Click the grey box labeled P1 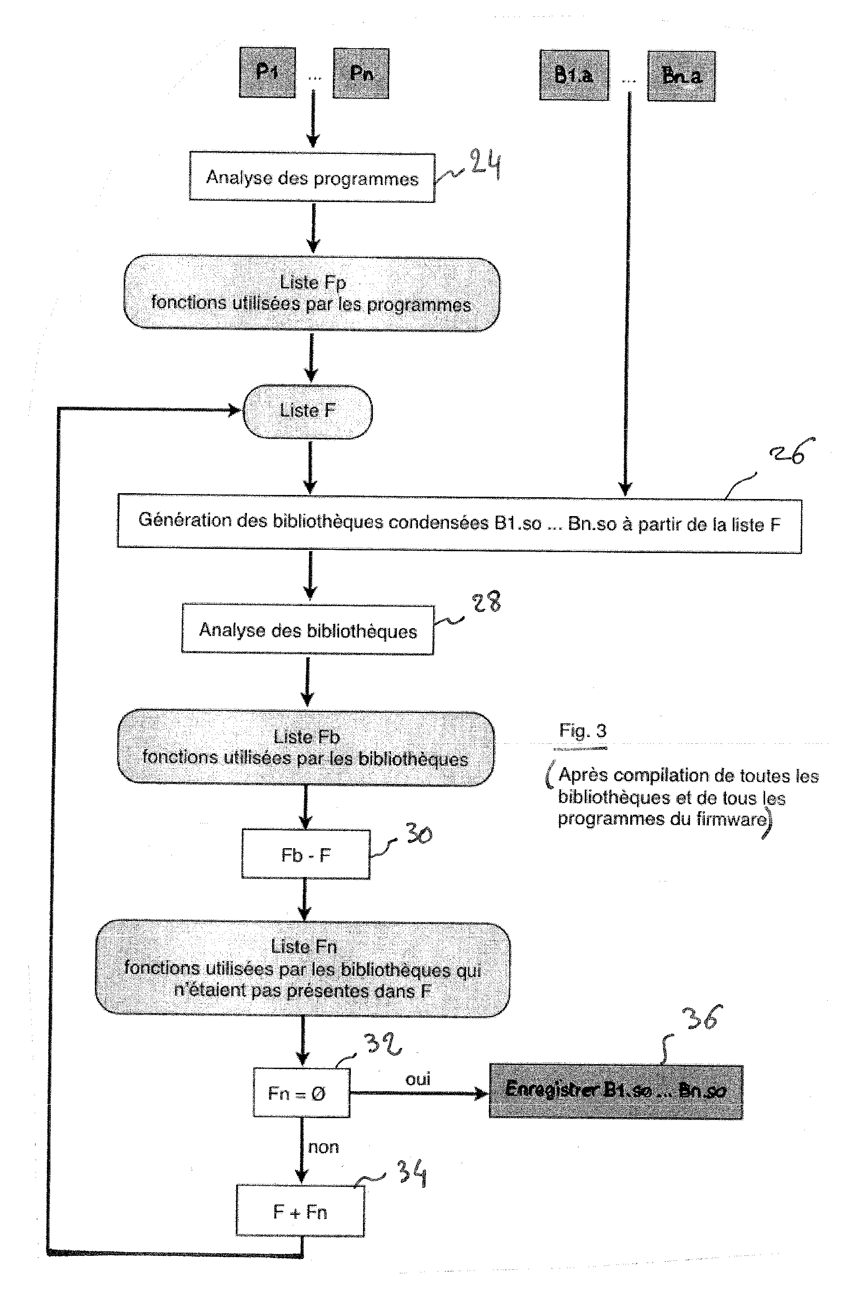tap(267, 72)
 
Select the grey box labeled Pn tap(361, 73)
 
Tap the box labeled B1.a tap(574, 75)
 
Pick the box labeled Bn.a tap(681, 76)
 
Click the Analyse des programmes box tap(312, 178)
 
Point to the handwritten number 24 tap(485, 164)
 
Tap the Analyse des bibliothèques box tap(308, 630)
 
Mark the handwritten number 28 tap(487, 602)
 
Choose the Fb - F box tap(305, 854)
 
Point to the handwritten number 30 tap(419, 834)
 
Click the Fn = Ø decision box tap(301, 1093)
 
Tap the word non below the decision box tap(323, 1147)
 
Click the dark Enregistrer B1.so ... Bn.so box tap(616, 1091)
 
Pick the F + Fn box tap(300, 1213)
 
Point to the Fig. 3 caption tap(583, 731)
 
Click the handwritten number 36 tap(702, 1018)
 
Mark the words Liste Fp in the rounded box tap(313, 283)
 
